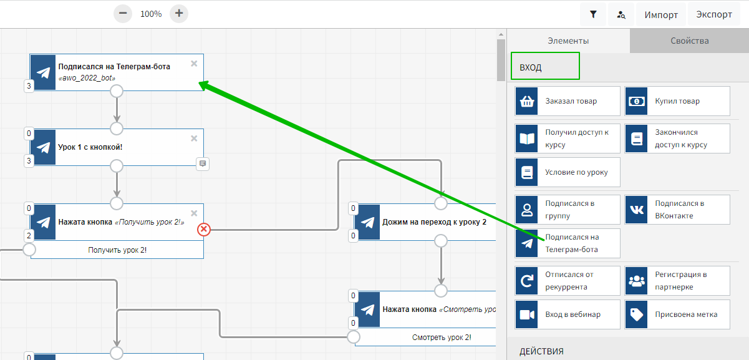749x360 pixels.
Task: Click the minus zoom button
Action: coord(123,13)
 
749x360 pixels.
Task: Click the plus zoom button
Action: coord(179,13)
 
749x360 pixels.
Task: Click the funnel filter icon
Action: coord(593,14)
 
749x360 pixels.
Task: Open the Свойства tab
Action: coord(689,41)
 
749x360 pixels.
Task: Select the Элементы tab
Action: coord(568,41)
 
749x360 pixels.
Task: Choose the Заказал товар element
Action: coord(568,101)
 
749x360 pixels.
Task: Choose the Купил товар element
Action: coord(677,101)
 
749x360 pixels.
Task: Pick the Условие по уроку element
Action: coord(568,172)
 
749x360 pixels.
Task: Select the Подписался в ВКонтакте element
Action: coord(677,210)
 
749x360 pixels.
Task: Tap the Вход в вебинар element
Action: coord(568,314)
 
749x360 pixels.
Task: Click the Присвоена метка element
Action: coord(677,314)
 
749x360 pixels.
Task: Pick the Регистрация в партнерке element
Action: coord(677,281)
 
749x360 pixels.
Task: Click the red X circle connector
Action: coord(204,230)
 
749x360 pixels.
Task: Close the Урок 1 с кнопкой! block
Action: coord(194,138)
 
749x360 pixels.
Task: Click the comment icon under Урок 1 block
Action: coord(203,164)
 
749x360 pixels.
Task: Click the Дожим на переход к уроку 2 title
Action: coord(434,221)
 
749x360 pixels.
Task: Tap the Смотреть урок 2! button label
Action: coord(442,338)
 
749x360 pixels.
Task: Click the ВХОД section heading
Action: coord(531,67)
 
